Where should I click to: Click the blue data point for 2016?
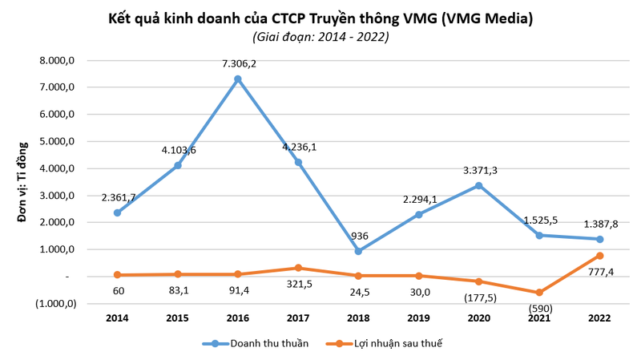pos(237,79)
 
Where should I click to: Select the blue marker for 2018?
pos(357,251)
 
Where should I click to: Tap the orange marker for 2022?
pos(599,256)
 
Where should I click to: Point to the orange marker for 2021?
pos(538,293)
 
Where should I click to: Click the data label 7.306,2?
pos(238,63)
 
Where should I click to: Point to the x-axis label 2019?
pos(417,318)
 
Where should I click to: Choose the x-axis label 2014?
pos(117,318)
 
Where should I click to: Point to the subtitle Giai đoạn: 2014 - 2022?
pos(320,37)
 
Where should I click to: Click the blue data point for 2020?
pos(478,185)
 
